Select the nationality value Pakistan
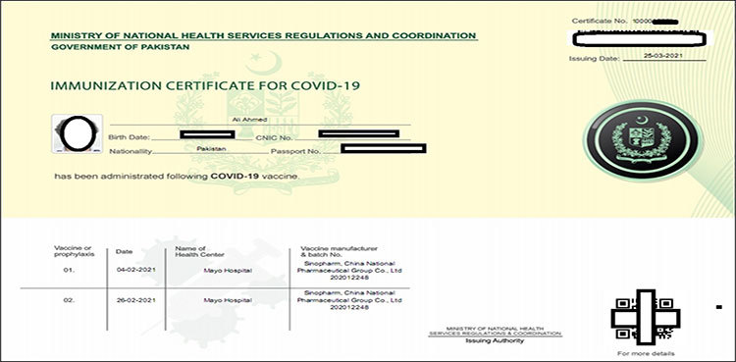point(211,147)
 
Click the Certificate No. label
point(598,20)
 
